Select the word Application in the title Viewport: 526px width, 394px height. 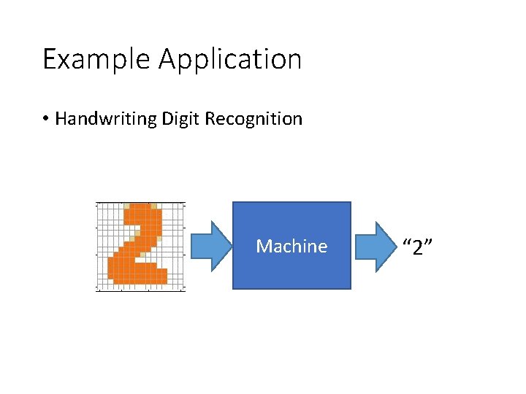click(x=230, y=59)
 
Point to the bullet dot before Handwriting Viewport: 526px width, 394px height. click(x=45, y=119)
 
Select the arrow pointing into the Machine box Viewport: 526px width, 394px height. click(x=209, y=246)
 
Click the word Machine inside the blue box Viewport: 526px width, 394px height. click(x=291, y=246)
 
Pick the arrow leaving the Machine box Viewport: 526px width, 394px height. click(x=376, y=246)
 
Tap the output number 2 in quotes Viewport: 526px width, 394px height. click(x=419, y=247)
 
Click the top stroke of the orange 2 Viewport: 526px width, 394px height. click(x=141, y=210)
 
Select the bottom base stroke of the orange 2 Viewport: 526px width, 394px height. click(x=137, y=275)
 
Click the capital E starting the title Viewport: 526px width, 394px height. click(x=49, y=59)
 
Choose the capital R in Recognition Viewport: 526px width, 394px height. click(x=209, y=119)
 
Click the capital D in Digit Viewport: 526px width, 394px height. click(x=164, y=119)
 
